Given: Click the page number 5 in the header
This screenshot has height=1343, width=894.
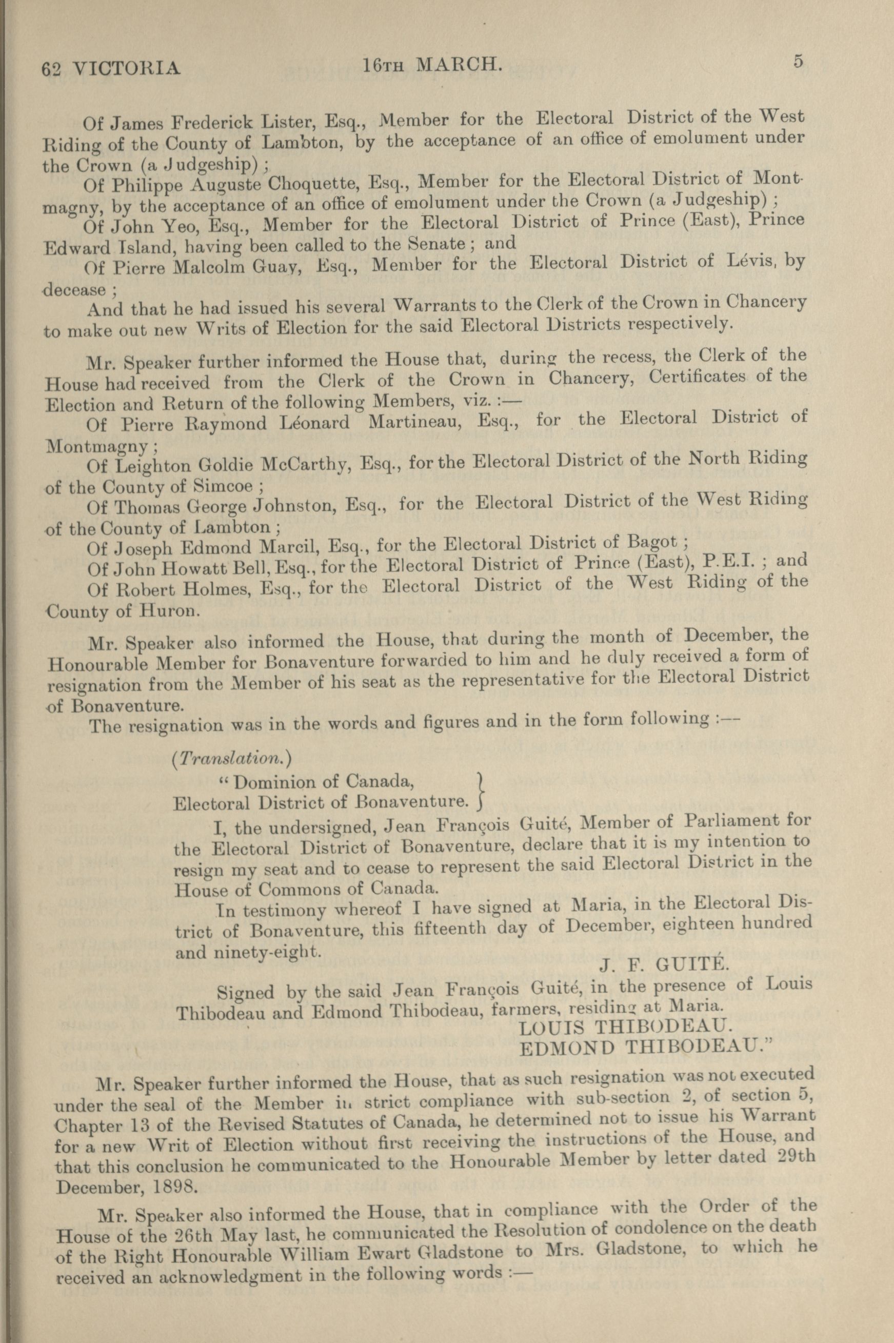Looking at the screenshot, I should coord(797,61).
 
